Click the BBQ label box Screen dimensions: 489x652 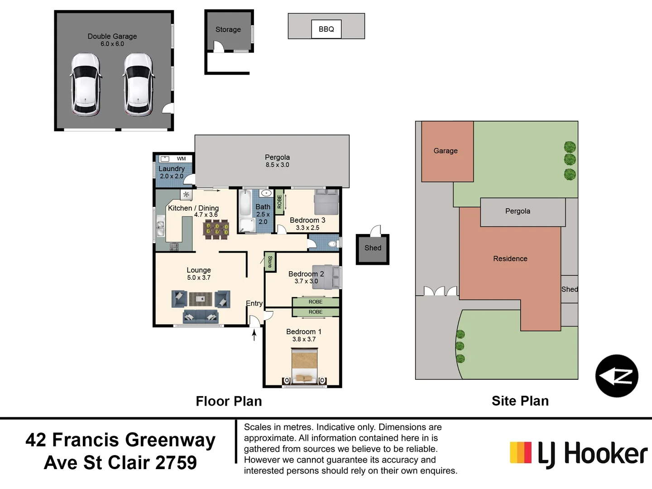pyautogui.click(x=326, y=29)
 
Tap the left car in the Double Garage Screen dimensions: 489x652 pyautogui.click(x=85, y=84)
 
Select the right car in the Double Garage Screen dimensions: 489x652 pyautogui.click(x=139, y=84)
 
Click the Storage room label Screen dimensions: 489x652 pyautogui.click(x=228, y=29)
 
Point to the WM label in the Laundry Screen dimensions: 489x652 pyautogui.click(x=181, y=158)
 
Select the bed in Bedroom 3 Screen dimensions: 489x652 pyautogui.click(x=326, y=202)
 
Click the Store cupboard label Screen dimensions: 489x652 pyautogui.click(x=270, y=262)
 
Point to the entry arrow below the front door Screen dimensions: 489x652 pyautogui.click(x=254, y=335)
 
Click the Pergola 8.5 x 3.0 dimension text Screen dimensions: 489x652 pyautogui.click(x=277, y=165)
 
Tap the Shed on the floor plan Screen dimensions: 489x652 pyautogui.click(x=373, y=249)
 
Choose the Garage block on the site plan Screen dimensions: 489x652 pyautogui.click(x=447, y=151)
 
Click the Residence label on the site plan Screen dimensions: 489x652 pyautogui.click(x=510, y=259)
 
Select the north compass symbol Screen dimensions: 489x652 pyautogui.click(x=616, y=376)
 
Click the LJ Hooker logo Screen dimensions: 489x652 pyautogui.click(x=578, y=454)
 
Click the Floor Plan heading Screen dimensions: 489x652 pyautogui.click(x=229, y=401)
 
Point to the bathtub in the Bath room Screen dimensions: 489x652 pyautogui.click(x=245, y=204)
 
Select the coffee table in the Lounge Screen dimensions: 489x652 pyautogui.click(x=201, y=299)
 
